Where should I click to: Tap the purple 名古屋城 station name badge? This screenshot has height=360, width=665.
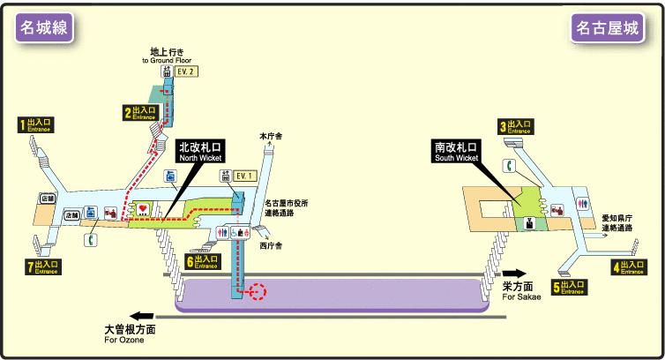[607, 29]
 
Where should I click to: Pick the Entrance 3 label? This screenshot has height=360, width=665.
[516, 127]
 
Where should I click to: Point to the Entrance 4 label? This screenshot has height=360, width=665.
[628, 266]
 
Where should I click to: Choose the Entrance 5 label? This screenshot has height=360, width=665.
[569, 286]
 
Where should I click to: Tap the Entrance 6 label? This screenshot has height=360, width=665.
[202, 261]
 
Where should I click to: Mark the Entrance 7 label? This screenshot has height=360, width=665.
[41, 266]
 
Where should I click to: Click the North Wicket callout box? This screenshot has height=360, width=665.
[201, 152]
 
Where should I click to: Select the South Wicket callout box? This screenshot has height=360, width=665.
[456, 152]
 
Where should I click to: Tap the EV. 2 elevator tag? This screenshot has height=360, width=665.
[184, 72]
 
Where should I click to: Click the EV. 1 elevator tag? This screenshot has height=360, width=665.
[243, 176]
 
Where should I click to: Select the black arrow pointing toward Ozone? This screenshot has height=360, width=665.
[141, 315]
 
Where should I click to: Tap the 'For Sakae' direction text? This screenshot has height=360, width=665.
[521, 296]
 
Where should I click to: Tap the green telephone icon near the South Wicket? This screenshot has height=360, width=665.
[509, 166]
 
